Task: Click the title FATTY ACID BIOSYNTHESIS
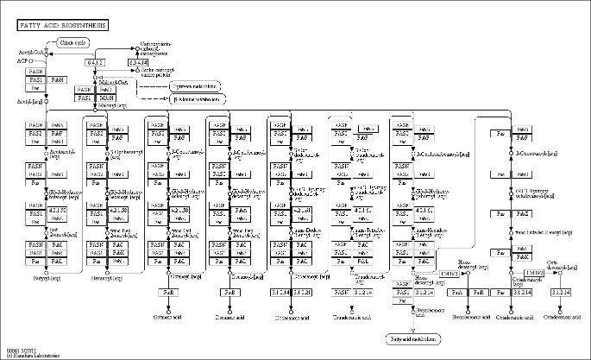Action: tap(63, 26)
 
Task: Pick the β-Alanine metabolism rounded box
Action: tap(198, 99)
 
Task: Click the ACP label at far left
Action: tap(23, 62)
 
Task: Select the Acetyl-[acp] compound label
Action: tap(30, 101)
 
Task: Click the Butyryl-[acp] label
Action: tap(47, 278)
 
